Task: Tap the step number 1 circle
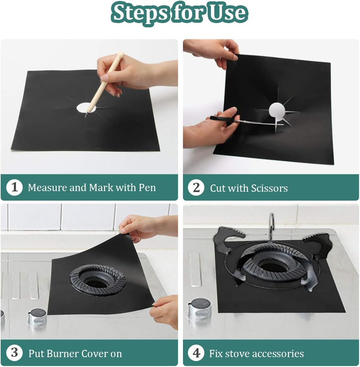tap(14, 187)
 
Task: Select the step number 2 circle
tap(196, 188)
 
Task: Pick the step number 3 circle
tap(14, 353)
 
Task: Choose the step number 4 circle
tap(196, 353)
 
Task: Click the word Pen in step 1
tap(147, 187)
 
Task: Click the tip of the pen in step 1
tap(86, 116)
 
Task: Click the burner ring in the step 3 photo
tap(98, 280)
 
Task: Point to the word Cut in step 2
tap(217, 188)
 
